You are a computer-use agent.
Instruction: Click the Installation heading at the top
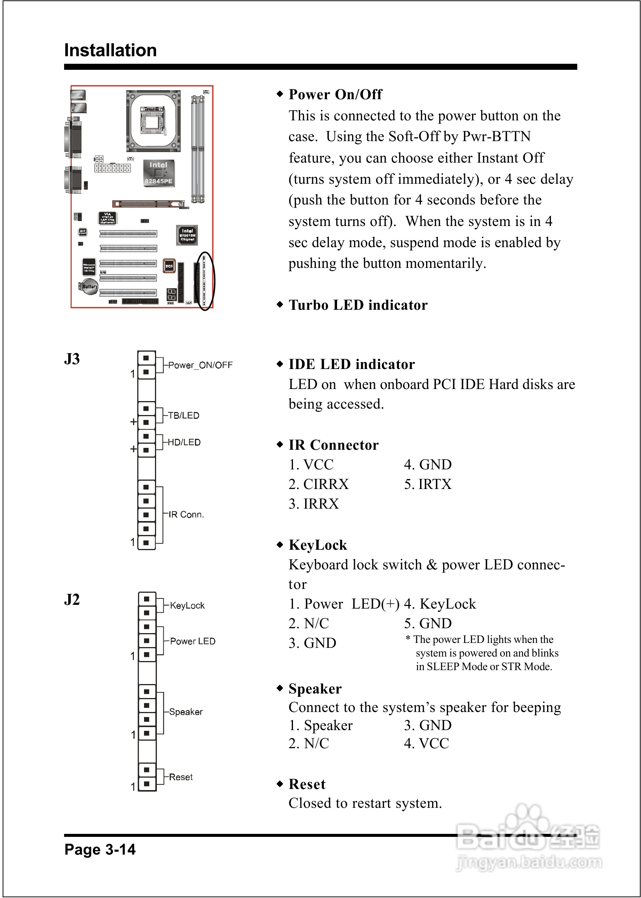(x=110, y=51)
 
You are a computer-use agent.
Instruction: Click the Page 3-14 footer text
(x=100, y=849)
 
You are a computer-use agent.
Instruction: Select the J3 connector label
(x=72, y=359)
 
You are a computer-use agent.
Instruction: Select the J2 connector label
(x=72, y=600)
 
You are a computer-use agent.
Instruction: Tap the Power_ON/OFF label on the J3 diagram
(x=200, y=365)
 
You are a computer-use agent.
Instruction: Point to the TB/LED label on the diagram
(x=184, y=415)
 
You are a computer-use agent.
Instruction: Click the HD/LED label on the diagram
(x=184, y=442)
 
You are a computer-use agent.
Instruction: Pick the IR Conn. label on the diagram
(x=186, y=515)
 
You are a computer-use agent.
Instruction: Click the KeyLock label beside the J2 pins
(x=187, y=605)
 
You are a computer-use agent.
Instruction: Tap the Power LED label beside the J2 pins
(x=193, y=641)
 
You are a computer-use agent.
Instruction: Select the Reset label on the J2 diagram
(x=181, y=777)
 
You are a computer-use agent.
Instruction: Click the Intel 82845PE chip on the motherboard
(x=158, y=173)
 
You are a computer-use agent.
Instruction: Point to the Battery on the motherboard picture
(x=89, y=287)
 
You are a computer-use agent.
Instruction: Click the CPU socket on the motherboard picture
(x=153, y=121)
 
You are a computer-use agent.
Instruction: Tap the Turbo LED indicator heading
(x=357, y=305)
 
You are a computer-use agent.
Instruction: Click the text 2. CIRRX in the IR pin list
(x=319, y=484)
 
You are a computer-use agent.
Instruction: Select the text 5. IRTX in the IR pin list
(x=428, y=484)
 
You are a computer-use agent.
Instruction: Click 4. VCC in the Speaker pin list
(x=426, y=744)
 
